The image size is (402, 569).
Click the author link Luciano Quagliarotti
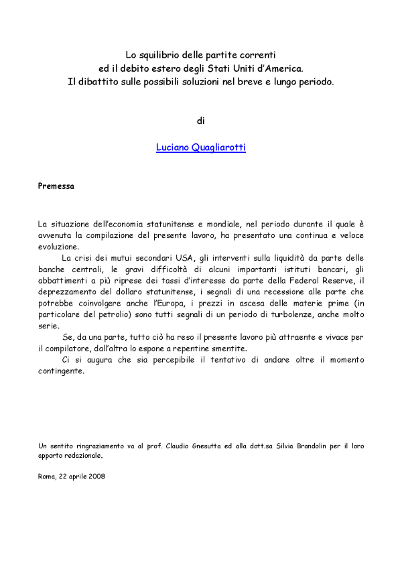(200, 147)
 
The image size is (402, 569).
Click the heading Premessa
(56, 186)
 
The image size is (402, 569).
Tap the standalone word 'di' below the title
(200, 121)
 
